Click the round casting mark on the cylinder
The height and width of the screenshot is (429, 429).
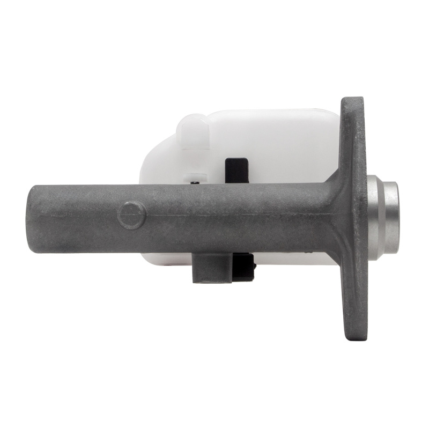pyautogui.click(x=131, y=215)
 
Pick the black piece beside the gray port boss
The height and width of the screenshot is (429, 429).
pyautogui.click(x=245, y=267)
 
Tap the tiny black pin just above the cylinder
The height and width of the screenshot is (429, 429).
pyautogui.click(x=196, y=183)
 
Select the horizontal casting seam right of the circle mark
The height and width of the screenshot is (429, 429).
pyautogui.click(x=225, y=216)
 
